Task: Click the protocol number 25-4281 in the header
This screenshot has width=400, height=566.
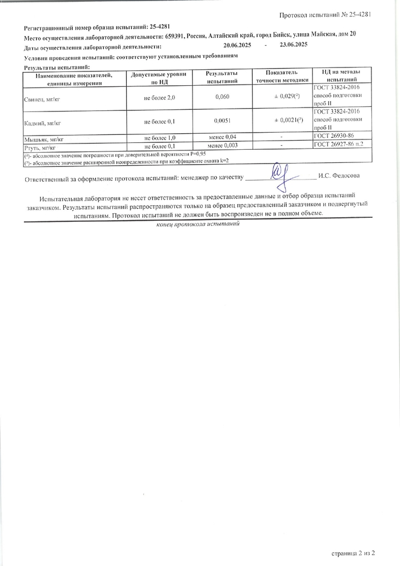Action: (x=358, y=14)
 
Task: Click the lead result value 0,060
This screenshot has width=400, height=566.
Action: (x=222, y=98)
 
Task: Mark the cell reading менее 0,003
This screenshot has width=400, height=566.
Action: (x=222, y=146)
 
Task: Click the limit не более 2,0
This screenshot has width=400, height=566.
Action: (x=159, y=98)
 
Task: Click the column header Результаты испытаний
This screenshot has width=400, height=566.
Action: (x=222, y=78)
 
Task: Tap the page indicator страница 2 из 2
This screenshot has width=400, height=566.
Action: (x=353, y=553)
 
